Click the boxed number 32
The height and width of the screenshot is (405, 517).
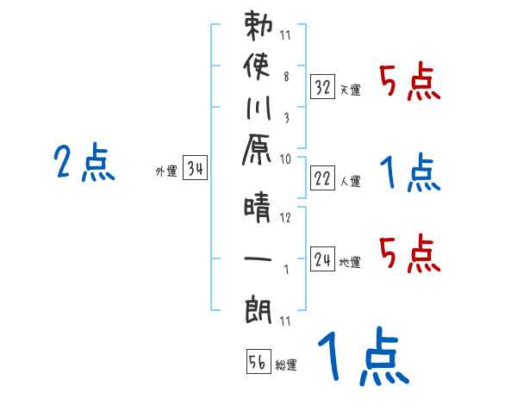(x=323, y=86)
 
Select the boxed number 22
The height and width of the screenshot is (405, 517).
(x=323, y=178)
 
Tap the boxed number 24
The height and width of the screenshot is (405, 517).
(x=323, y=259)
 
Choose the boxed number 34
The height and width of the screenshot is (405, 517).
(x=196, y=170)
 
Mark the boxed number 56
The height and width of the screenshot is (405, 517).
(x=257, y=363)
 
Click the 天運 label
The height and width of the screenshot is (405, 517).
(x=351, y=90)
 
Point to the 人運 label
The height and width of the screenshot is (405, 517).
(x=351, y=182)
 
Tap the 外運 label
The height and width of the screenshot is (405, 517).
(x=166, y=171)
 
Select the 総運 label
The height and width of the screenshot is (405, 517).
(x=286, y=365)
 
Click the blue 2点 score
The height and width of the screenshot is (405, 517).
(x=84, y=163)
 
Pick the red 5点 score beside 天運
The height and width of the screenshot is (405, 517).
(x=410, y=82)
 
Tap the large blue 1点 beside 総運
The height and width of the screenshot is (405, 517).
(x=362, y=357)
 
